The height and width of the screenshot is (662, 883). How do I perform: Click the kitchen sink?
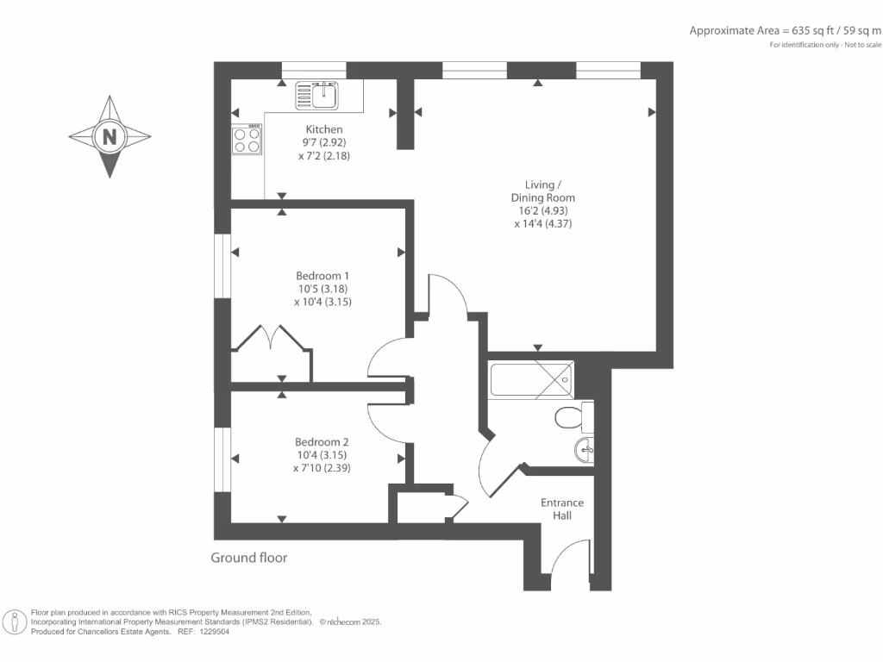[319, 95]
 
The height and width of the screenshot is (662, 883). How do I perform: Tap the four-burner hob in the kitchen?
[247, 140]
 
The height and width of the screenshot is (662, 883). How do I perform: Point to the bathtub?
[530, 379]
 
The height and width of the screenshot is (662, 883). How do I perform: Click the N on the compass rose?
[109, 136]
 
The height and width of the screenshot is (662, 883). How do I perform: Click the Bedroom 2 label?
[322, 440]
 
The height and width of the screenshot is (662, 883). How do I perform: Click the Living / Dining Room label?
[542, 190]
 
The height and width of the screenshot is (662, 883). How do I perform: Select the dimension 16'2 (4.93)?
[542, 210]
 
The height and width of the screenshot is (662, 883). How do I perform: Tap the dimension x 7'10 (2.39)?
[322, 468]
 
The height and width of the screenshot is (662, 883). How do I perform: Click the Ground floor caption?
[249, 558]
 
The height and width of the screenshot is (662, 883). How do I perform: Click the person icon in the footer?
[14, 622]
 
